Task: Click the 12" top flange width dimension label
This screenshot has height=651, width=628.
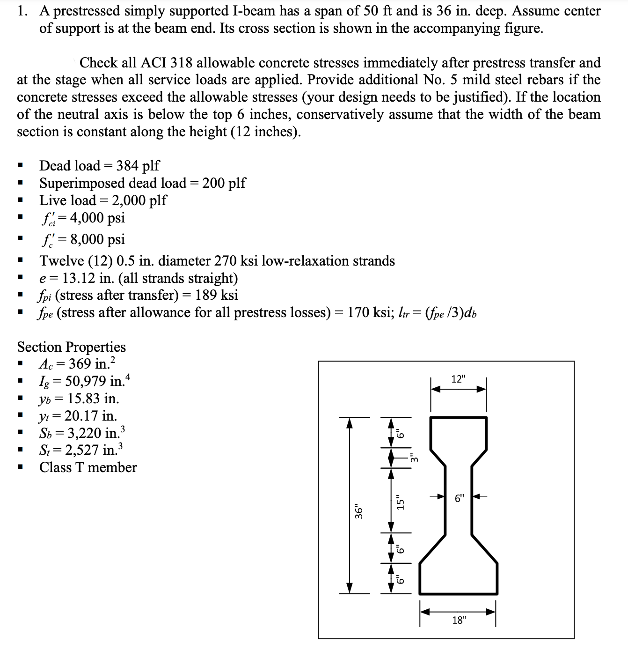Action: (459, 379)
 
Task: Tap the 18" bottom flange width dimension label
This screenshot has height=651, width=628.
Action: (459, 621)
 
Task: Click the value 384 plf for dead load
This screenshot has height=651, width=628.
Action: (138, 165)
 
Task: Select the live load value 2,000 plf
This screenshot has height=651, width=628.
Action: (139, 200)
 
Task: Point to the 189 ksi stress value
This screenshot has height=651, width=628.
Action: (217, 295)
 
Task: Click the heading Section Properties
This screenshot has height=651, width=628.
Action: (71, 347)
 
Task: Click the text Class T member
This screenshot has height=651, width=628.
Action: (88, 467)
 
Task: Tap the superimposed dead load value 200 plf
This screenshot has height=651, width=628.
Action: (224, 183)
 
